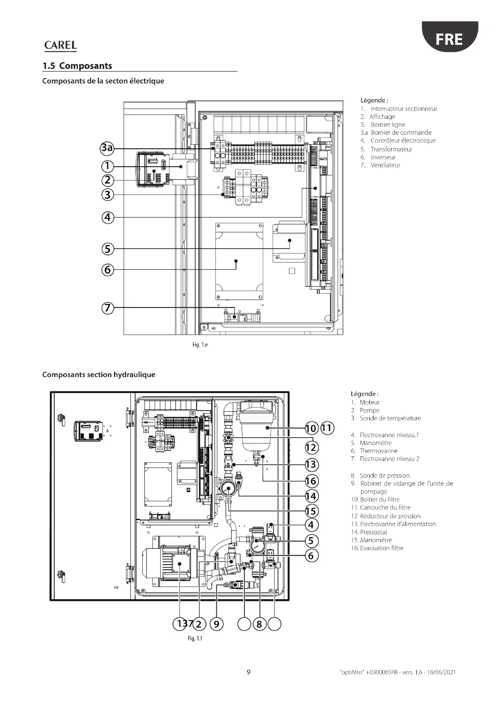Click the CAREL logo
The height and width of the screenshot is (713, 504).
pos(61,46)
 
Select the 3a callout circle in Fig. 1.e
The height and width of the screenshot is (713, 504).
pos(107,148)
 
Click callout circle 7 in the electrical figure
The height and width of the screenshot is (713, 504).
pos(108,308)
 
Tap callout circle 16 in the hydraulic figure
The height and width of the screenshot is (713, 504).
pos(311,481)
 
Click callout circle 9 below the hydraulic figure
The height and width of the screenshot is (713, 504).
pos(217,624)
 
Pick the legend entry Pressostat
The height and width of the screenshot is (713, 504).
pos(369,532)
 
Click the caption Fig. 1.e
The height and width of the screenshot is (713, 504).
pos(200,345)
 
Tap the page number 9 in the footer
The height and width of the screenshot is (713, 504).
pos(249,672)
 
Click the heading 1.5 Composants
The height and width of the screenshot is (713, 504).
pos(77,66)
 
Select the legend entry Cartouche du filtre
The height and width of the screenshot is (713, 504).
pos(381,508)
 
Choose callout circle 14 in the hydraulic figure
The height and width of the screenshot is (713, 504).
pos(311,496)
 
